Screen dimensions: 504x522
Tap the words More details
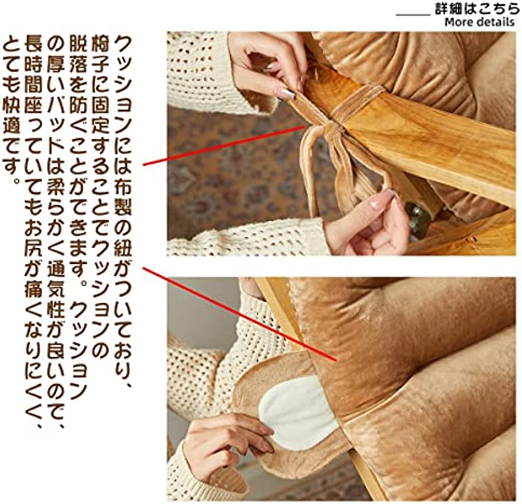[479, 22]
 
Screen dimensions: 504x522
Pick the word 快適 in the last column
[11, 106]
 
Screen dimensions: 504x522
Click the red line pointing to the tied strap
[224, 146]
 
